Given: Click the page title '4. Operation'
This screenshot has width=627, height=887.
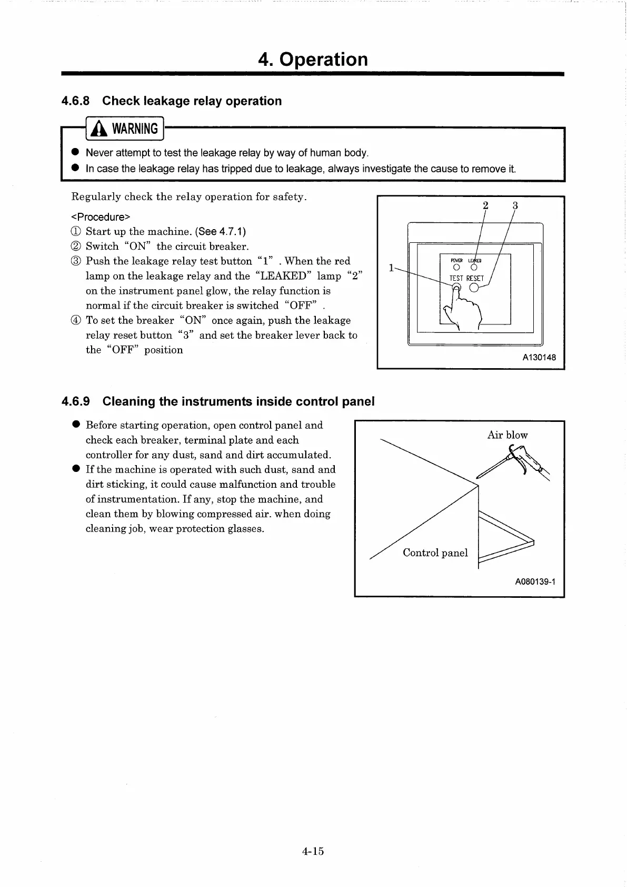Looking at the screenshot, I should pos(313,60).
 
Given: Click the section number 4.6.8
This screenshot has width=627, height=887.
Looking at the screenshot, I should pos(76,101).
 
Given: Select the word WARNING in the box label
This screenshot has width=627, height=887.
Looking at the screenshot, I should pos(135,129).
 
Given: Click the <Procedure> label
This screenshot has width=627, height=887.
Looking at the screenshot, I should pos(101,217).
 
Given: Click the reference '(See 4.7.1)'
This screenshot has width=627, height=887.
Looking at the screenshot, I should pos(221,232).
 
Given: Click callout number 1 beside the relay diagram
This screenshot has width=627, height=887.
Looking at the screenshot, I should pos(391,268).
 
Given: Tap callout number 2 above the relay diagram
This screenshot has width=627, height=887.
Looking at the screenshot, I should pos(485,205).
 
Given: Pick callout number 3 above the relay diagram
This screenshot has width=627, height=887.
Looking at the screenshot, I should pos(515,205).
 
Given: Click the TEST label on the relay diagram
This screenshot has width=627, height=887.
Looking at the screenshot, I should pos(456,278).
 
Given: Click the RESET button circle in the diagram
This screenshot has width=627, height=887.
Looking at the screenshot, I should pos(474,287).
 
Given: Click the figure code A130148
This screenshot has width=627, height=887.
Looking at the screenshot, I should pos(539,358).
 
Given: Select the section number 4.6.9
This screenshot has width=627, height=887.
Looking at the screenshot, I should pos(76,401).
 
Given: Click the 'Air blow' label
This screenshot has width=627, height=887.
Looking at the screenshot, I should pos(507,435).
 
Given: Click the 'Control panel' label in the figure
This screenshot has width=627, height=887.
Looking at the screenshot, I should pos(435,553).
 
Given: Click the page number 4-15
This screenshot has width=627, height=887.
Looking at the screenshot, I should pos(313,851).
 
